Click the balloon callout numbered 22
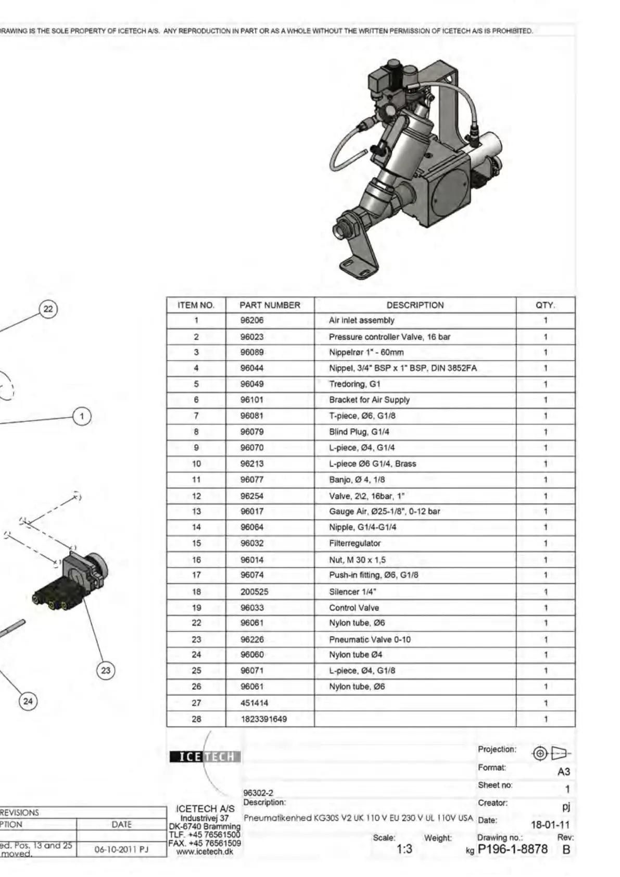[x=48, y=309]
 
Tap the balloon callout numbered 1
[x=82, y=416]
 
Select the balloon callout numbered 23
[x=106, y=670]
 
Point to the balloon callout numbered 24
[x=28, y=701]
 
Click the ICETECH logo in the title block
[x=205, y=757]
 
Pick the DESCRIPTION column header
[x=415, y=305]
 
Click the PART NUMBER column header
[x=270, y=305]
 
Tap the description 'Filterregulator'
[x=355, y=543]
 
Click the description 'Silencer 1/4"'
[x=352, y=592]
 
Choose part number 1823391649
[x=263, y=719]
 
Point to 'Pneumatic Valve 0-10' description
[x=370, y=640]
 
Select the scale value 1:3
[x=404, y=849]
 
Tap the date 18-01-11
[x=550, y=825]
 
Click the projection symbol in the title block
[x=551, y=753]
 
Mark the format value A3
[x=563, y=772]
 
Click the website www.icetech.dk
[x=205, y=852]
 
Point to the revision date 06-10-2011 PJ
[x=121, y=849]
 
